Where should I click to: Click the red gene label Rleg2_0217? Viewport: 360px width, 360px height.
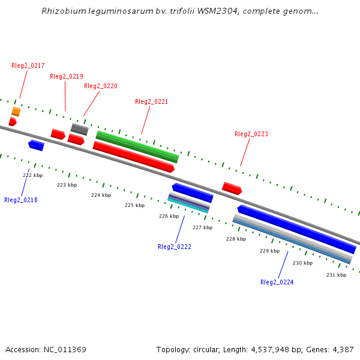coord(28,65)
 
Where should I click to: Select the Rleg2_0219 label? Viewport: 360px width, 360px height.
coord(67,76)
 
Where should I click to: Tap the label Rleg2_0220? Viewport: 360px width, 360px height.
coord(101,86)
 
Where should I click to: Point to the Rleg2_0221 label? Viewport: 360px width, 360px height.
coord(152,101)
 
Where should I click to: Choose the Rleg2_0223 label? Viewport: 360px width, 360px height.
coord(251,134)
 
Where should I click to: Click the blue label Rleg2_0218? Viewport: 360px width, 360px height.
coord(21,200)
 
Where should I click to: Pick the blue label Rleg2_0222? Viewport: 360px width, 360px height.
coord(175,247)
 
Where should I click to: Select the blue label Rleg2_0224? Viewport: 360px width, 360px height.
coord(277,282)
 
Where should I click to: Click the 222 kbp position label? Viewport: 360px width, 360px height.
coord(33,175)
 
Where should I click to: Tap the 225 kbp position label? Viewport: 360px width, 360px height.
coord(135,205)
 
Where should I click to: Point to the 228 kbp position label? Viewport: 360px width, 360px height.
coord(236,239)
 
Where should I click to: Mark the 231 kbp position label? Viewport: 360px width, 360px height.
coord(337,275)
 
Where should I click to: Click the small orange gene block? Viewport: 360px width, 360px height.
coord(16,112)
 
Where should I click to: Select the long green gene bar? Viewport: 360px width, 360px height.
coord(137,146)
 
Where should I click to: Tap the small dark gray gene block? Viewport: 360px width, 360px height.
coord(79,129)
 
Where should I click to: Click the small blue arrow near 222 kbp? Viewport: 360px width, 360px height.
coord(36,145)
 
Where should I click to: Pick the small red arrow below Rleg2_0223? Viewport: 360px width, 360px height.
coord(232,188)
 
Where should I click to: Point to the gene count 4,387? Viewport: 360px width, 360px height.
coord(342,349)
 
